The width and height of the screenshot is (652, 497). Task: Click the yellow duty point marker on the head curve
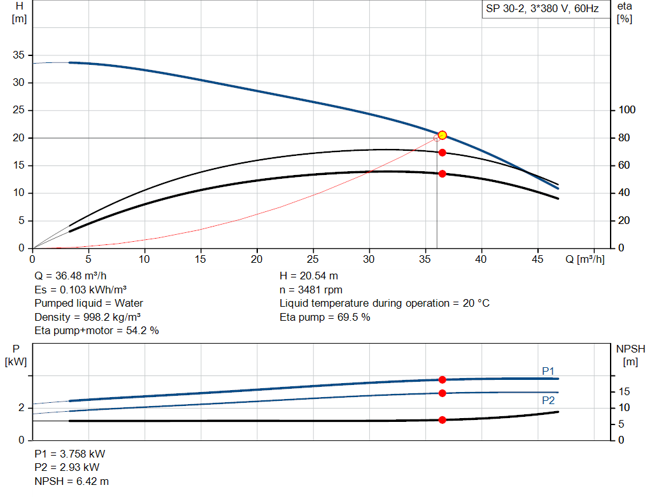pos(442,135)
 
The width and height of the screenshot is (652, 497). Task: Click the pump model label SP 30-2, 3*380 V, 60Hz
pos(542,9)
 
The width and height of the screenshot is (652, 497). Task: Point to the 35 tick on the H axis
pos(18,55)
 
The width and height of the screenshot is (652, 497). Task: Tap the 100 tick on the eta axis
pos(627,110)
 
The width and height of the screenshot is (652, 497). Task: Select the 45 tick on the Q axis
pos(538,259)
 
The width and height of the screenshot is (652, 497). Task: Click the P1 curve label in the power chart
pos(548,371)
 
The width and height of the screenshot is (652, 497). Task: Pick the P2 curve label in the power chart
pos(548,401)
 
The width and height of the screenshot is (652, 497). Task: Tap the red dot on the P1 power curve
pos(442,379)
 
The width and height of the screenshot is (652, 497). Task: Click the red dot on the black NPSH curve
pos(442,420)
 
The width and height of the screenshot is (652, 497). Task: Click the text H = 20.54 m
pos(309,276)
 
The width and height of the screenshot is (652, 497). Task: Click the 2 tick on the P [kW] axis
pos(21,408)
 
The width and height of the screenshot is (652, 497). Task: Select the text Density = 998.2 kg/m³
pos(87,317)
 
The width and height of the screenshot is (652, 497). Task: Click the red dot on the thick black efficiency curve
pos(442,174)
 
